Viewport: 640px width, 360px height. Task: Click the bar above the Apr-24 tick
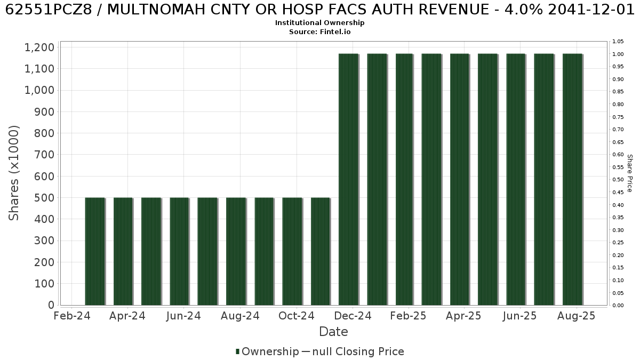[123, 251]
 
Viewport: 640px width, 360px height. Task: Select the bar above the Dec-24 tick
[349, 179]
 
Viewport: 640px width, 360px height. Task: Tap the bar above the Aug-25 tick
[573, 179]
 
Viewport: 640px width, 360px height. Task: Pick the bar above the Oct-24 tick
[292, 251]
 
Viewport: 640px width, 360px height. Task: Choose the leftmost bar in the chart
[95, 251]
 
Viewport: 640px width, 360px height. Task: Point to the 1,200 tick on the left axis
[39, 47]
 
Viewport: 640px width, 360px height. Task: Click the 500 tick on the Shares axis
[44, 198]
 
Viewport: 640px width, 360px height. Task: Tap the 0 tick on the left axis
[51, 305]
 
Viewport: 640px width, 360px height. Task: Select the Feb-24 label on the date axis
[72, 316]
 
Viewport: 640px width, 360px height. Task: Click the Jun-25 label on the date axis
[519, 316]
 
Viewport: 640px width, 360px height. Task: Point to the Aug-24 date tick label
[241, 316]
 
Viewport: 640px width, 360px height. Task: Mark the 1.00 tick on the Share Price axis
[618, 54]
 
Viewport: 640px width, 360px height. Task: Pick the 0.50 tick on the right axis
[618, 179]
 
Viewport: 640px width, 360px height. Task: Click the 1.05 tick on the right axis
[618, 42]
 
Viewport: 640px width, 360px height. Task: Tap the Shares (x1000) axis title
[13, 173]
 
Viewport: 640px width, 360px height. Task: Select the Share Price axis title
[630, 173]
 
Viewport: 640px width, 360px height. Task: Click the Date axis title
[333, 332]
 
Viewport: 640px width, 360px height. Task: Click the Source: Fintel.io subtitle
[319, 31]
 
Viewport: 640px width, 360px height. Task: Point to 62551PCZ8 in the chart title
[49, 10]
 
